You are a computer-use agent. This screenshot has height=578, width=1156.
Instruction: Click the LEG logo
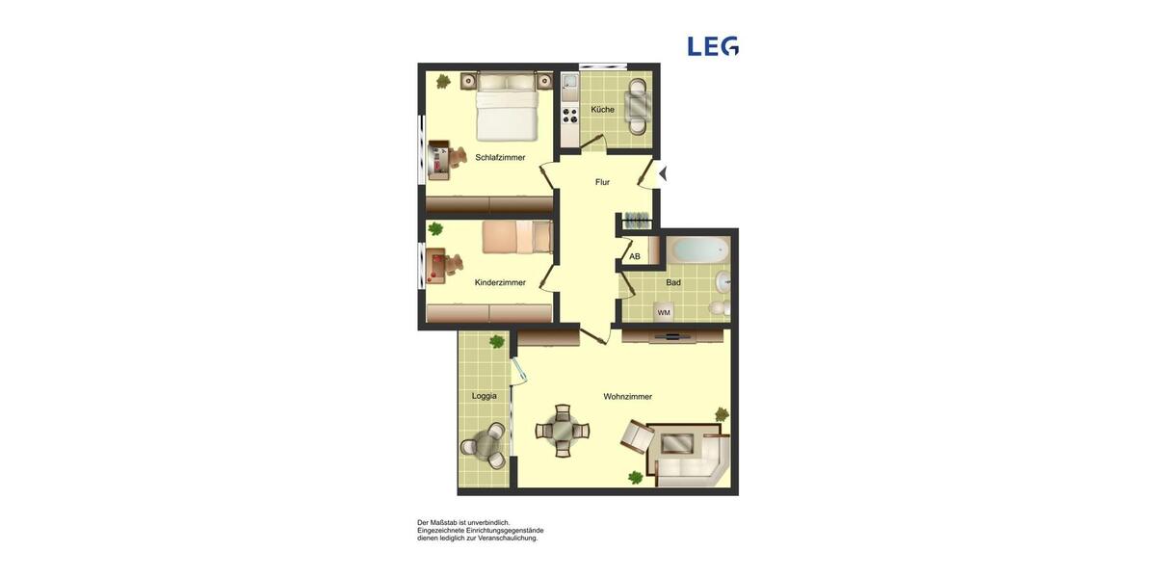713,46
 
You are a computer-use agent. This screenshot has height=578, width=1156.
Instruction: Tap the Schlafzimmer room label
500,157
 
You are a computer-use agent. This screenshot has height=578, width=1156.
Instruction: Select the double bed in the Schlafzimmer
507,108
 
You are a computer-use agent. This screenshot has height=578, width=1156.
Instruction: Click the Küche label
602,110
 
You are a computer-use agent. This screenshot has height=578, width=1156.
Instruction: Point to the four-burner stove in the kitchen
569,116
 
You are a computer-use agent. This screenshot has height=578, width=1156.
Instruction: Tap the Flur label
602,182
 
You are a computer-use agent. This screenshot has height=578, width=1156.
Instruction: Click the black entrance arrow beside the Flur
662,174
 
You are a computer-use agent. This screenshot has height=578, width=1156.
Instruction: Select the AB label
634,257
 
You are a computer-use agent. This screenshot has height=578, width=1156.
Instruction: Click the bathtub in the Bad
698,250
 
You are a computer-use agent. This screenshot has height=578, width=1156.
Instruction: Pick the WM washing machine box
664,312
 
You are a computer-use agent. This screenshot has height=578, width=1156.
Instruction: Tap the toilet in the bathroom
718,308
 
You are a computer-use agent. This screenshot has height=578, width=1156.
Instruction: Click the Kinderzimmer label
500,283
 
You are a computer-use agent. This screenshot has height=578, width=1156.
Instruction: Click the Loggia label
484,396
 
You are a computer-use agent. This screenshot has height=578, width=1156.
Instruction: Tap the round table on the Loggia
482,445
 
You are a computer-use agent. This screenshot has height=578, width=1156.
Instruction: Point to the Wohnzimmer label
627,397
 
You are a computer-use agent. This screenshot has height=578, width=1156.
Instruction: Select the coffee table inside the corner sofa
676,444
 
